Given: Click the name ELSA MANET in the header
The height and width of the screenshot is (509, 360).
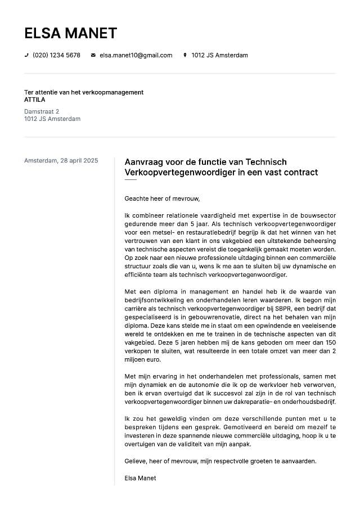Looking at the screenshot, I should click(x=70, y=33).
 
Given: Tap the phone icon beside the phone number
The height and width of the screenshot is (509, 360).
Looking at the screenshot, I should click(x=26, y=55).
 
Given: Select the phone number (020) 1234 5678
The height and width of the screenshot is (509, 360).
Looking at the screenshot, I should click(x=56, y=55).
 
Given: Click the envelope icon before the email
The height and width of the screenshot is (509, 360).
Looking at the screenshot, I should click(x=93, y=55).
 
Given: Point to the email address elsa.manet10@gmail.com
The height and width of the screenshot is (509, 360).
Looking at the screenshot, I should click(x=136, y=55).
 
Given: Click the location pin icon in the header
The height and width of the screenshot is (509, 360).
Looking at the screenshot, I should click(x=185, y=55).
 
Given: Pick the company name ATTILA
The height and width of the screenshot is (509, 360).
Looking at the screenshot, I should click(x=35, y=100).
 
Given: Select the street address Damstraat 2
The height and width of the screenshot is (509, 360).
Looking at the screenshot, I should click(x=42, y=112).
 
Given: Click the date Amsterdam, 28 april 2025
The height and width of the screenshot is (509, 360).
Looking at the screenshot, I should click(x=61, y=161).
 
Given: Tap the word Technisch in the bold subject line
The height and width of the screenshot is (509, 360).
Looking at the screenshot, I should click(x=267, y=161).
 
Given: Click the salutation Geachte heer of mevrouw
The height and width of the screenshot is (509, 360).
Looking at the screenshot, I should click(x=162, y=199).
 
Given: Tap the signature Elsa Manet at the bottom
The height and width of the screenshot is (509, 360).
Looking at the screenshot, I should click(x=140, y=478).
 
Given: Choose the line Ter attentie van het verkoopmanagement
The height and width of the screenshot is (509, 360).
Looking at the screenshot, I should click(x=84, y=92).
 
